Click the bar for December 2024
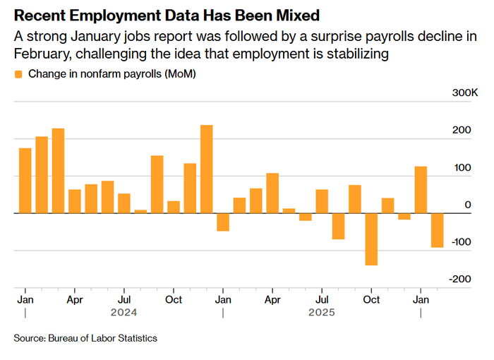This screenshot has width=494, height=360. tap(206, 169)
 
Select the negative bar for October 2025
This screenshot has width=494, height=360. tap(371, 239)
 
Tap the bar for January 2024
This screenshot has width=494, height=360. tap(25, 180)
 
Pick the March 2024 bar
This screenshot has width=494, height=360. tap(58, 170)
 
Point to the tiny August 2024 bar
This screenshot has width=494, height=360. tap(140, 211)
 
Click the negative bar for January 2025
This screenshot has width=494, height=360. tap(223, 222)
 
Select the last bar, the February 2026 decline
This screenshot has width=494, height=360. tap(438, 230)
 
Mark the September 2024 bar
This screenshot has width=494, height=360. tap(157, 184)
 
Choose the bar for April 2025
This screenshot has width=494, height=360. tap(272, 193)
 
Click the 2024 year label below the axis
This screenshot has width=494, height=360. tap(123, 311)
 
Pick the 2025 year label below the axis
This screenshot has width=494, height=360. tap(322, 311)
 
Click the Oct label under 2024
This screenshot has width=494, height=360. tap(174, 299)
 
